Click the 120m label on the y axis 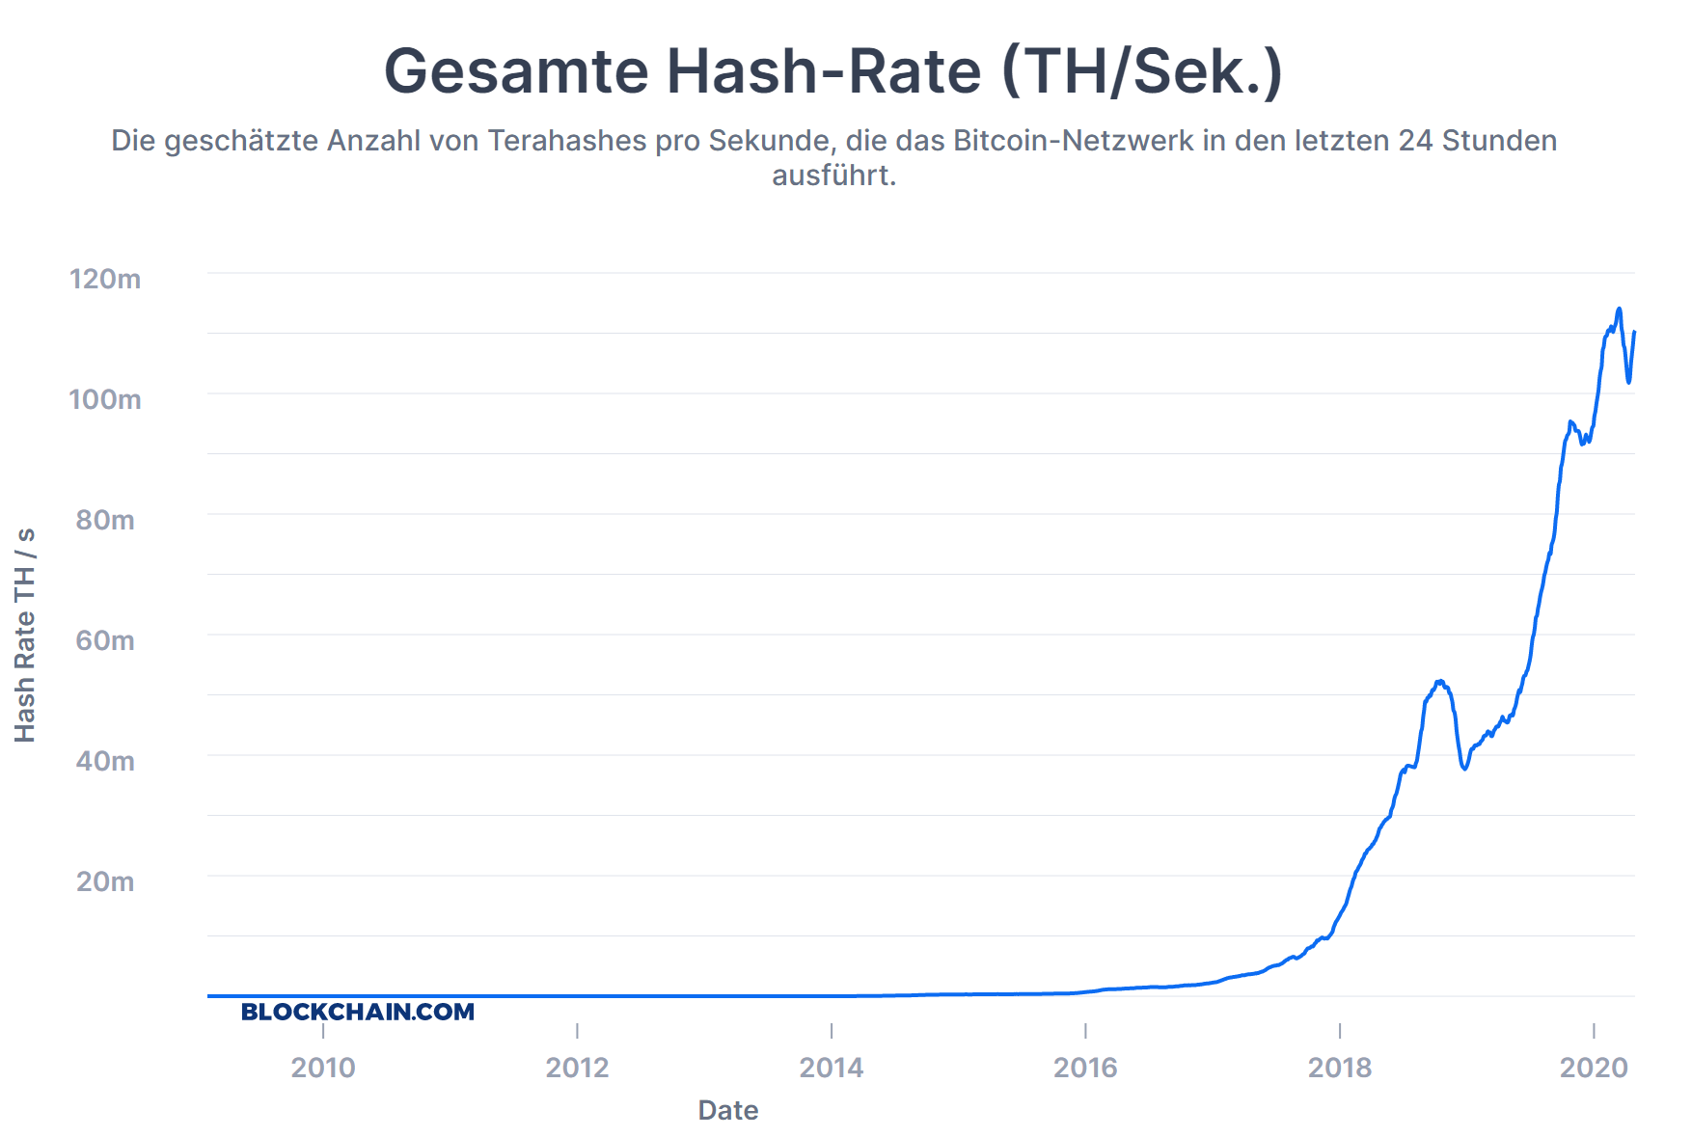pyautogui.click(x=105, y=279)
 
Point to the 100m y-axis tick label pyautogui.click(x=105, y=399)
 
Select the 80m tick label pyautogui.click(x=105, y=520)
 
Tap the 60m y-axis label pyautogui.click(x=105, y=640)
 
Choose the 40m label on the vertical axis pyautogui.click(x=105, y=761)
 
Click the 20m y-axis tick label pyautogui.click(x=105, y=881)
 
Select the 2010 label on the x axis pyautogui.click(x=323, y=1068)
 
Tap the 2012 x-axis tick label pyautogui.click(x=577, y=1068)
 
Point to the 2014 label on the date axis pyautogui.click(x=832, y=1068)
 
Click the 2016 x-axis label pyautogui.click(x=1085, y=1068)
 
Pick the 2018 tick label pyautogui.click(x=1340, y=1068)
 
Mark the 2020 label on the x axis pyautogui.click(x=1594, y=1068)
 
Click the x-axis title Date pyautogui.click(x=728, y=1110)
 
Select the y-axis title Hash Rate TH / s pyautogui.click(x=25, y=635)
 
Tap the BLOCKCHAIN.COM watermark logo pyautogui.click(x=358, y=1012)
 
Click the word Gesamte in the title pyautogui.click(x=516, y=71)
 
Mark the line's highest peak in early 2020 pyautogui.click(x=1619, y=310)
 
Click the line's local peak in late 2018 pyautogui.click(x=1439, y=682)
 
